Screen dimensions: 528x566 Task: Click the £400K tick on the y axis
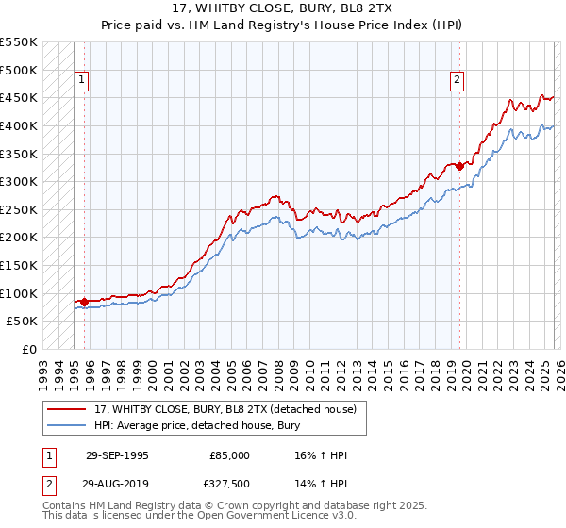19,125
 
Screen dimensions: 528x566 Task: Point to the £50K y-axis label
22,322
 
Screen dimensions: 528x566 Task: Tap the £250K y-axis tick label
19,209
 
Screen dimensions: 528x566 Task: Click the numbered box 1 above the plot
82,81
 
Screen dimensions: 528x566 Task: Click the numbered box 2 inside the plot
457,81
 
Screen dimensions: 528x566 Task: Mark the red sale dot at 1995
84,302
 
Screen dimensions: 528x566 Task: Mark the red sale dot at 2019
459,167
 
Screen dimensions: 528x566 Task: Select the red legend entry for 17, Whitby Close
224,409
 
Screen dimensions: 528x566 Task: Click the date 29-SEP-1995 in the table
117,455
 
